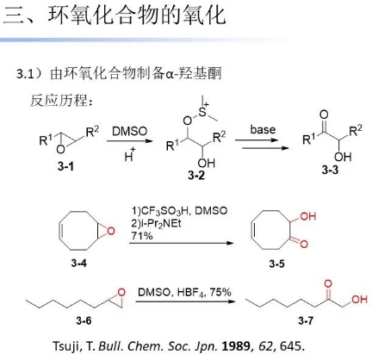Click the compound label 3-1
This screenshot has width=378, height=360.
tap(66, 166)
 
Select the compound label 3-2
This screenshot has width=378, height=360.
tap(196, 175)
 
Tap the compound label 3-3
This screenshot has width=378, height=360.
tap(330, 170)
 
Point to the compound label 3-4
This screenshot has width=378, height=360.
tap(79, 263)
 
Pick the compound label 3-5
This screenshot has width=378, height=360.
tap(277, 264)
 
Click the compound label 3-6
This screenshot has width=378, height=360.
tap(84, 320)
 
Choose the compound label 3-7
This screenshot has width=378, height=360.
tap(306, 320)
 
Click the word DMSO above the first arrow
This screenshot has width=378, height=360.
tap(129, 131)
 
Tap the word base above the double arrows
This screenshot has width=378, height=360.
tap(263, 129)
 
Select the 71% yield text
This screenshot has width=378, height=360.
tap(142, 236)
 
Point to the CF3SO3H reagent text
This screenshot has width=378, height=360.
tap(164, 211)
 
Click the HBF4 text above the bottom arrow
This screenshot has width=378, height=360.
tap(191, 293)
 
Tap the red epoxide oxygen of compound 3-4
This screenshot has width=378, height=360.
tap(111, 231)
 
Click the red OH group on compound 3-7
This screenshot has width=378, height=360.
tap(359, 300)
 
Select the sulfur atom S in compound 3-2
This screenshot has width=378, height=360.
tap(202, 113)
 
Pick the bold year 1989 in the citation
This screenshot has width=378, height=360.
tap(236, 346)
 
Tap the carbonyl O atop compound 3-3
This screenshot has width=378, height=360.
tap(324, 115)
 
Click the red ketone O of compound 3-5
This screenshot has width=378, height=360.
tap(304, 244)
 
